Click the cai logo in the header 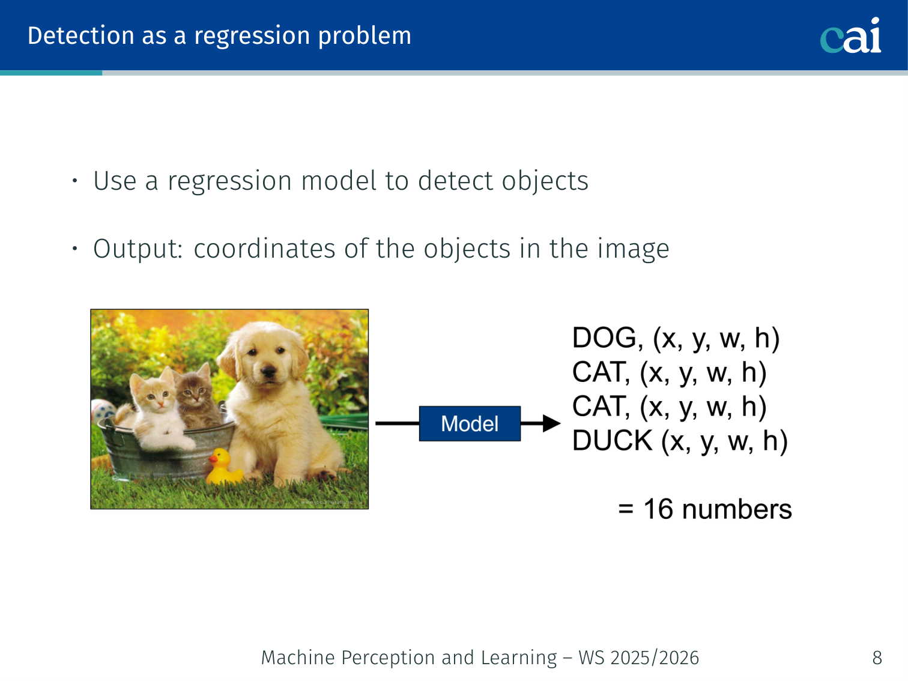pos(850,35)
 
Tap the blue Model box pos(470,423)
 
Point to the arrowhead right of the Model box pos(551,423)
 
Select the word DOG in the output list pos(607,338)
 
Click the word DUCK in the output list pos(613,440)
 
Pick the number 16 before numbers pos(659,509)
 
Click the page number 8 pos(877,658)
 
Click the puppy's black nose pos(269,371)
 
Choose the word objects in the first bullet pos(545,182)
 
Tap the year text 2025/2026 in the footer pos(655,658)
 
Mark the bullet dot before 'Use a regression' pos(74,180)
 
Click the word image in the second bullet pos(634,249)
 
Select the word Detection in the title pos(80,35)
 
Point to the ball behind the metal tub pos(101,411)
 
